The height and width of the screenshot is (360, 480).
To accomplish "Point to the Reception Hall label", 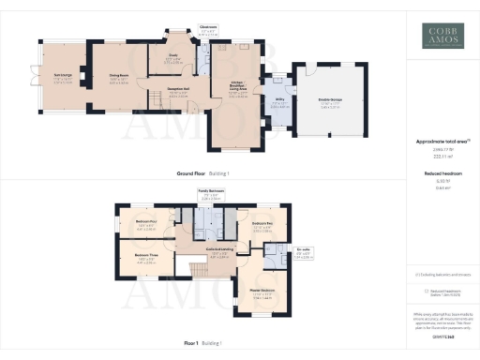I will tap(179, 90).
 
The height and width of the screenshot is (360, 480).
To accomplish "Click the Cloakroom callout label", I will tap(209, 27).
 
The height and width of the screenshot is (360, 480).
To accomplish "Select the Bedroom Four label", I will tap(145, 222).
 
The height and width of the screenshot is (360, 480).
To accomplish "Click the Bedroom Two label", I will tap(259, 224).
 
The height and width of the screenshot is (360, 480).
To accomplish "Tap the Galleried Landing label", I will tap(220, 250).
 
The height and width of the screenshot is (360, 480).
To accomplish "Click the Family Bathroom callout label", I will tap(210, 191).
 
